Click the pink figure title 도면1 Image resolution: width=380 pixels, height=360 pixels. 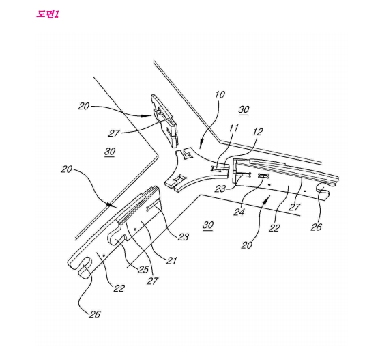point(48,14)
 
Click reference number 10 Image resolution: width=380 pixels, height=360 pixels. point(220,94)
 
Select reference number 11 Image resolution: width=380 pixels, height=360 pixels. point(234,128)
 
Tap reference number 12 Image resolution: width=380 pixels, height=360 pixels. point(258,132)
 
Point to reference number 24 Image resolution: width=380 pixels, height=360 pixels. point(239,212)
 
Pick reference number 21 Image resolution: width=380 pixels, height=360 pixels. point(171,260)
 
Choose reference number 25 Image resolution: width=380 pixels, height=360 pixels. point(143,269)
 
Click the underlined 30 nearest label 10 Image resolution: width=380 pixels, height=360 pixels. point(244,110)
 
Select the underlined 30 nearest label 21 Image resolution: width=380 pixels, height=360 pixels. point(208,225)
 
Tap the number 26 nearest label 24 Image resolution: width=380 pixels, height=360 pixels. point(317,227)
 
